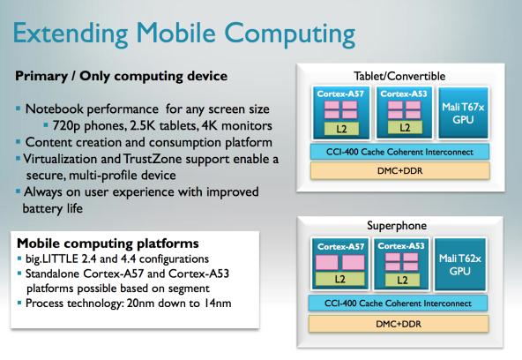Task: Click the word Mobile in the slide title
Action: point(176,33)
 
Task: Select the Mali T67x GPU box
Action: point(463,113)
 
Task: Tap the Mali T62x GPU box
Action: point(460,264)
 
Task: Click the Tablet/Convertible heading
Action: point(399,76)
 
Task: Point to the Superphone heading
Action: point(397,226)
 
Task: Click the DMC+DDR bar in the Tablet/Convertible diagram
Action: point(399,171)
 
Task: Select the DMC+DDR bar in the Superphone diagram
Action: point(399,324)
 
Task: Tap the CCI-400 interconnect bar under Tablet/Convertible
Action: point(399,152)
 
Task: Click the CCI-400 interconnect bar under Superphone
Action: point(399,304)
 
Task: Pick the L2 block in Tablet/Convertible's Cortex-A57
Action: point(341,129)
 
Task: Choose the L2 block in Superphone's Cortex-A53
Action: point(402,280)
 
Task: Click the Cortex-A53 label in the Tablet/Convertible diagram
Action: point(404,94)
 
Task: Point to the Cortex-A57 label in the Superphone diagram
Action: point(340,246)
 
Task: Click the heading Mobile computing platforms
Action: point(108,244)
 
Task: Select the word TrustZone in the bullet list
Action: point(153,159)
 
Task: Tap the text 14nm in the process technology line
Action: point(218,303)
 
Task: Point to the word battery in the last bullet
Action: point(42,208)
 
